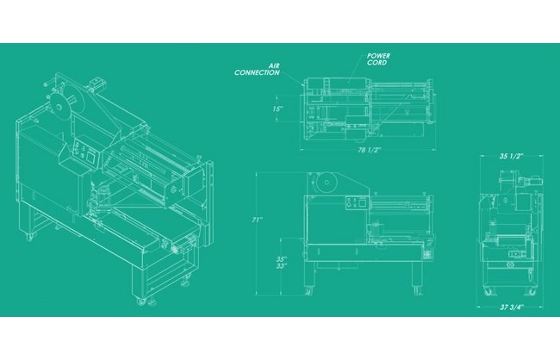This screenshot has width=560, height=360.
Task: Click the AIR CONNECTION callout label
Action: tap(257, 69)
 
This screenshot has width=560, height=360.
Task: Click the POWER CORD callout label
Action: tap(378, 59)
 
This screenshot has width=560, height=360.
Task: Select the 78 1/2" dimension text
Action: tap(370, 150)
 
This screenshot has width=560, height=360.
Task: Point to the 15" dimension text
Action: tap(278, 109)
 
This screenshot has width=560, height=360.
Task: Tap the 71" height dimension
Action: tap(257, 220)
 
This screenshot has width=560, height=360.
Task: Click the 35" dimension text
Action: tap(282, 259)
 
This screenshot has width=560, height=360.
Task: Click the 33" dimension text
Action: tap(282, 266)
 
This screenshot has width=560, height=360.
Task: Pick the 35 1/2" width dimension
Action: tap(511, 156)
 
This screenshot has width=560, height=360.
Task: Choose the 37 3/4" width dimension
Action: tap(511, 307)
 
